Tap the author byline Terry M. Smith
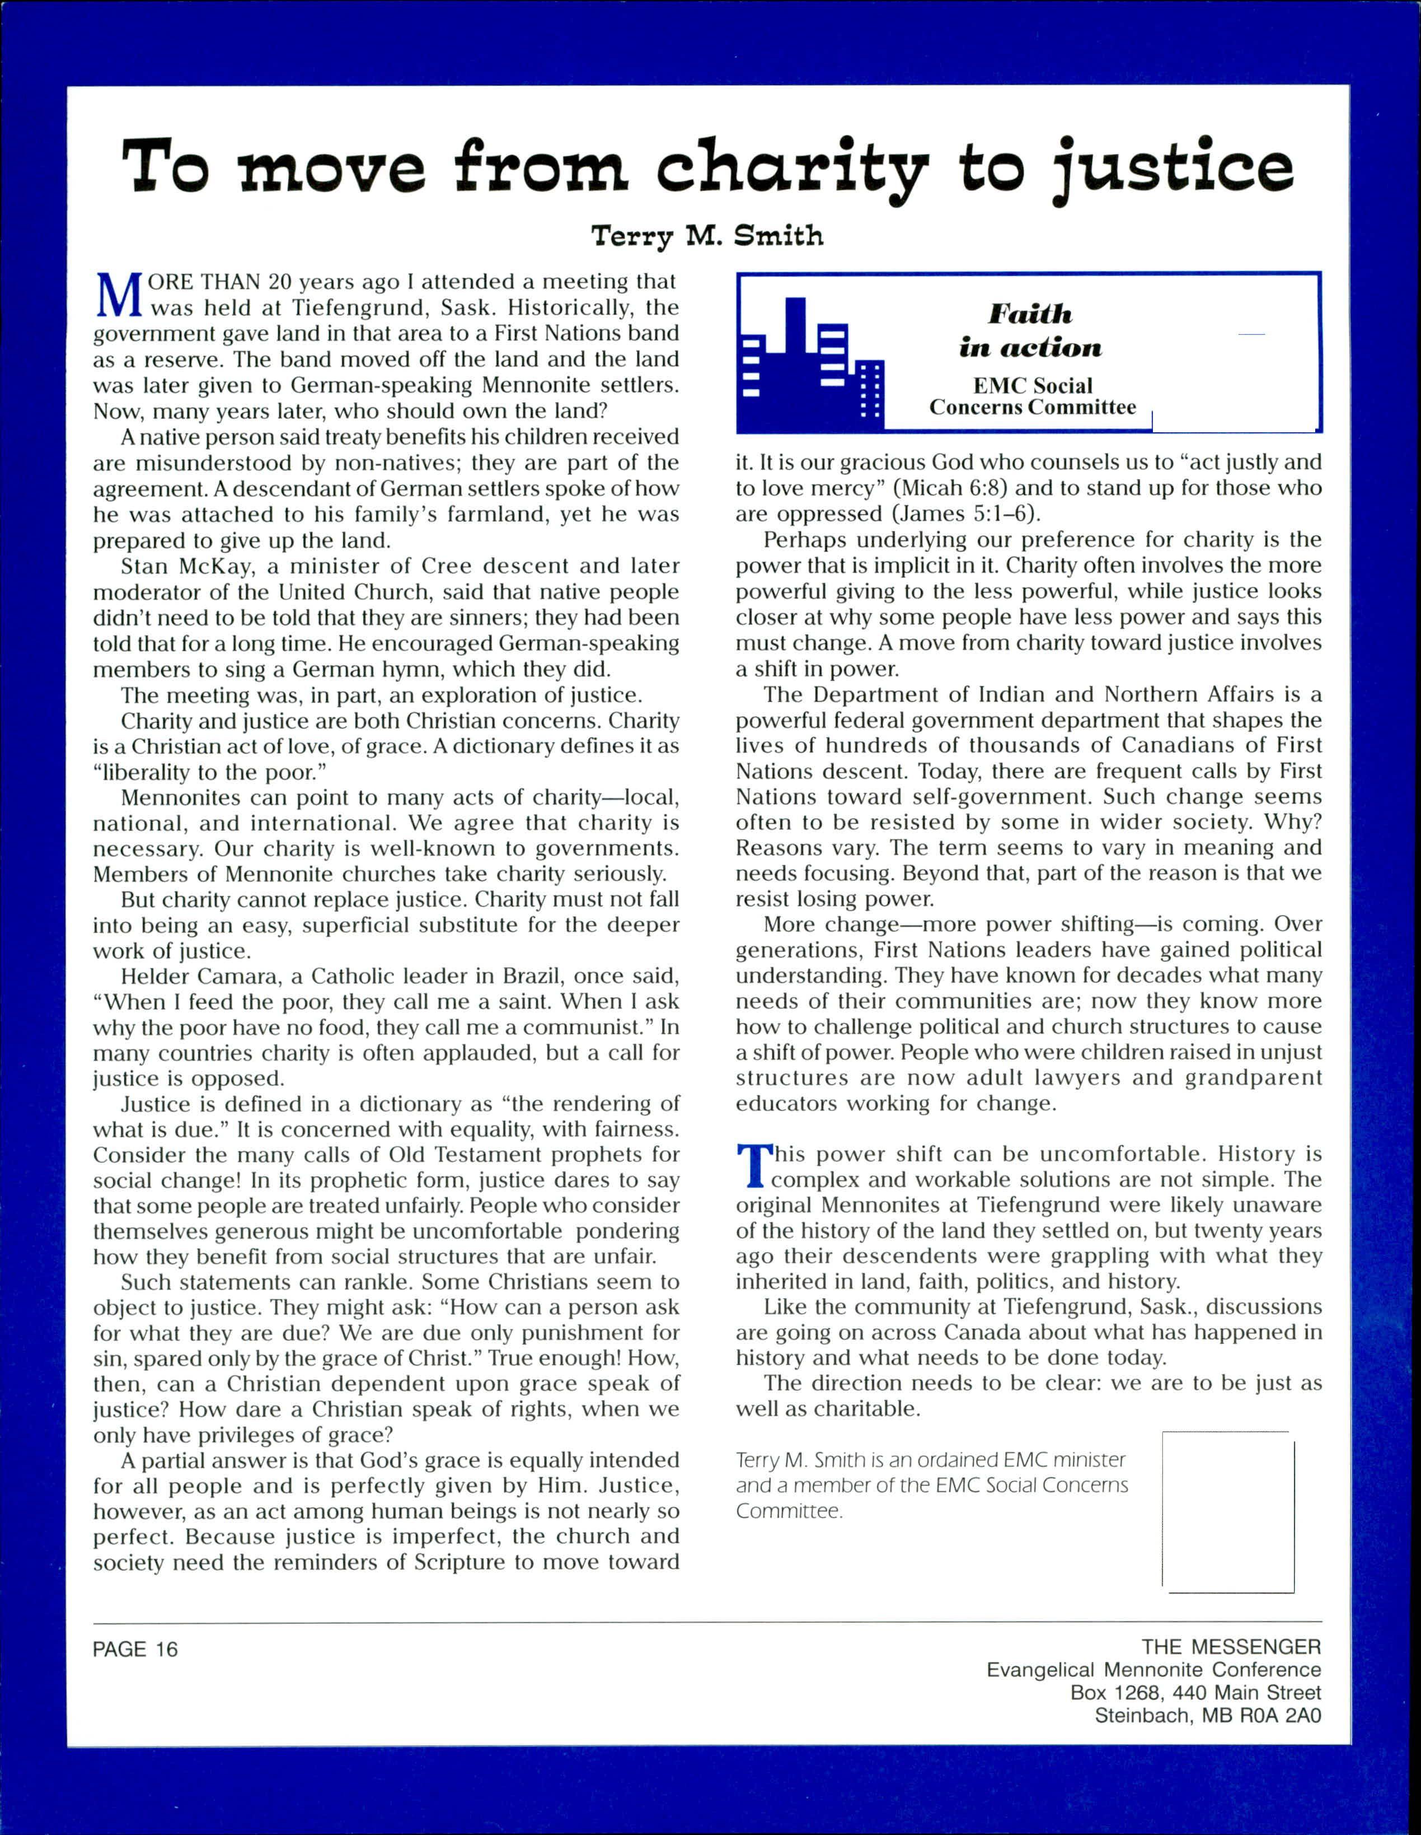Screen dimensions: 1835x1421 (707, 236)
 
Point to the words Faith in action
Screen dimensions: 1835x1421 (1030, 331)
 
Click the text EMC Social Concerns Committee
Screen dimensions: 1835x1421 (1032, 396)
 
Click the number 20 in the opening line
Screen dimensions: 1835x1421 (280, 282)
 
